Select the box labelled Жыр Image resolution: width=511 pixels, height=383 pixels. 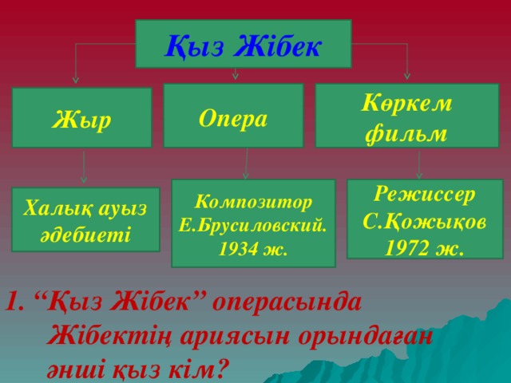pyautogui.click(x=82, y=118)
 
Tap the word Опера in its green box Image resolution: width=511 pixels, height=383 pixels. pyautogui.click(x=232, y=117)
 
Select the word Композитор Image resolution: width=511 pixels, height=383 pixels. pyautogui.click(x=253, y=201)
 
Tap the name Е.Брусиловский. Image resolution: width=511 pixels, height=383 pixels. pyautogui.click(x=253, y=225)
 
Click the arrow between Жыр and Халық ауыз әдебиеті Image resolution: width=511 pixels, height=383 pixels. pyautogui.click(x=84, y=168)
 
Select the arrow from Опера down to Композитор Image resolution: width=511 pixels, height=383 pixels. pyautogui.click(x=246, y=164)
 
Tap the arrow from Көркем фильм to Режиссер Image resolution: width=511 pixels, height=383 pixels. pyautogui.click(x=418, y=164)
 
